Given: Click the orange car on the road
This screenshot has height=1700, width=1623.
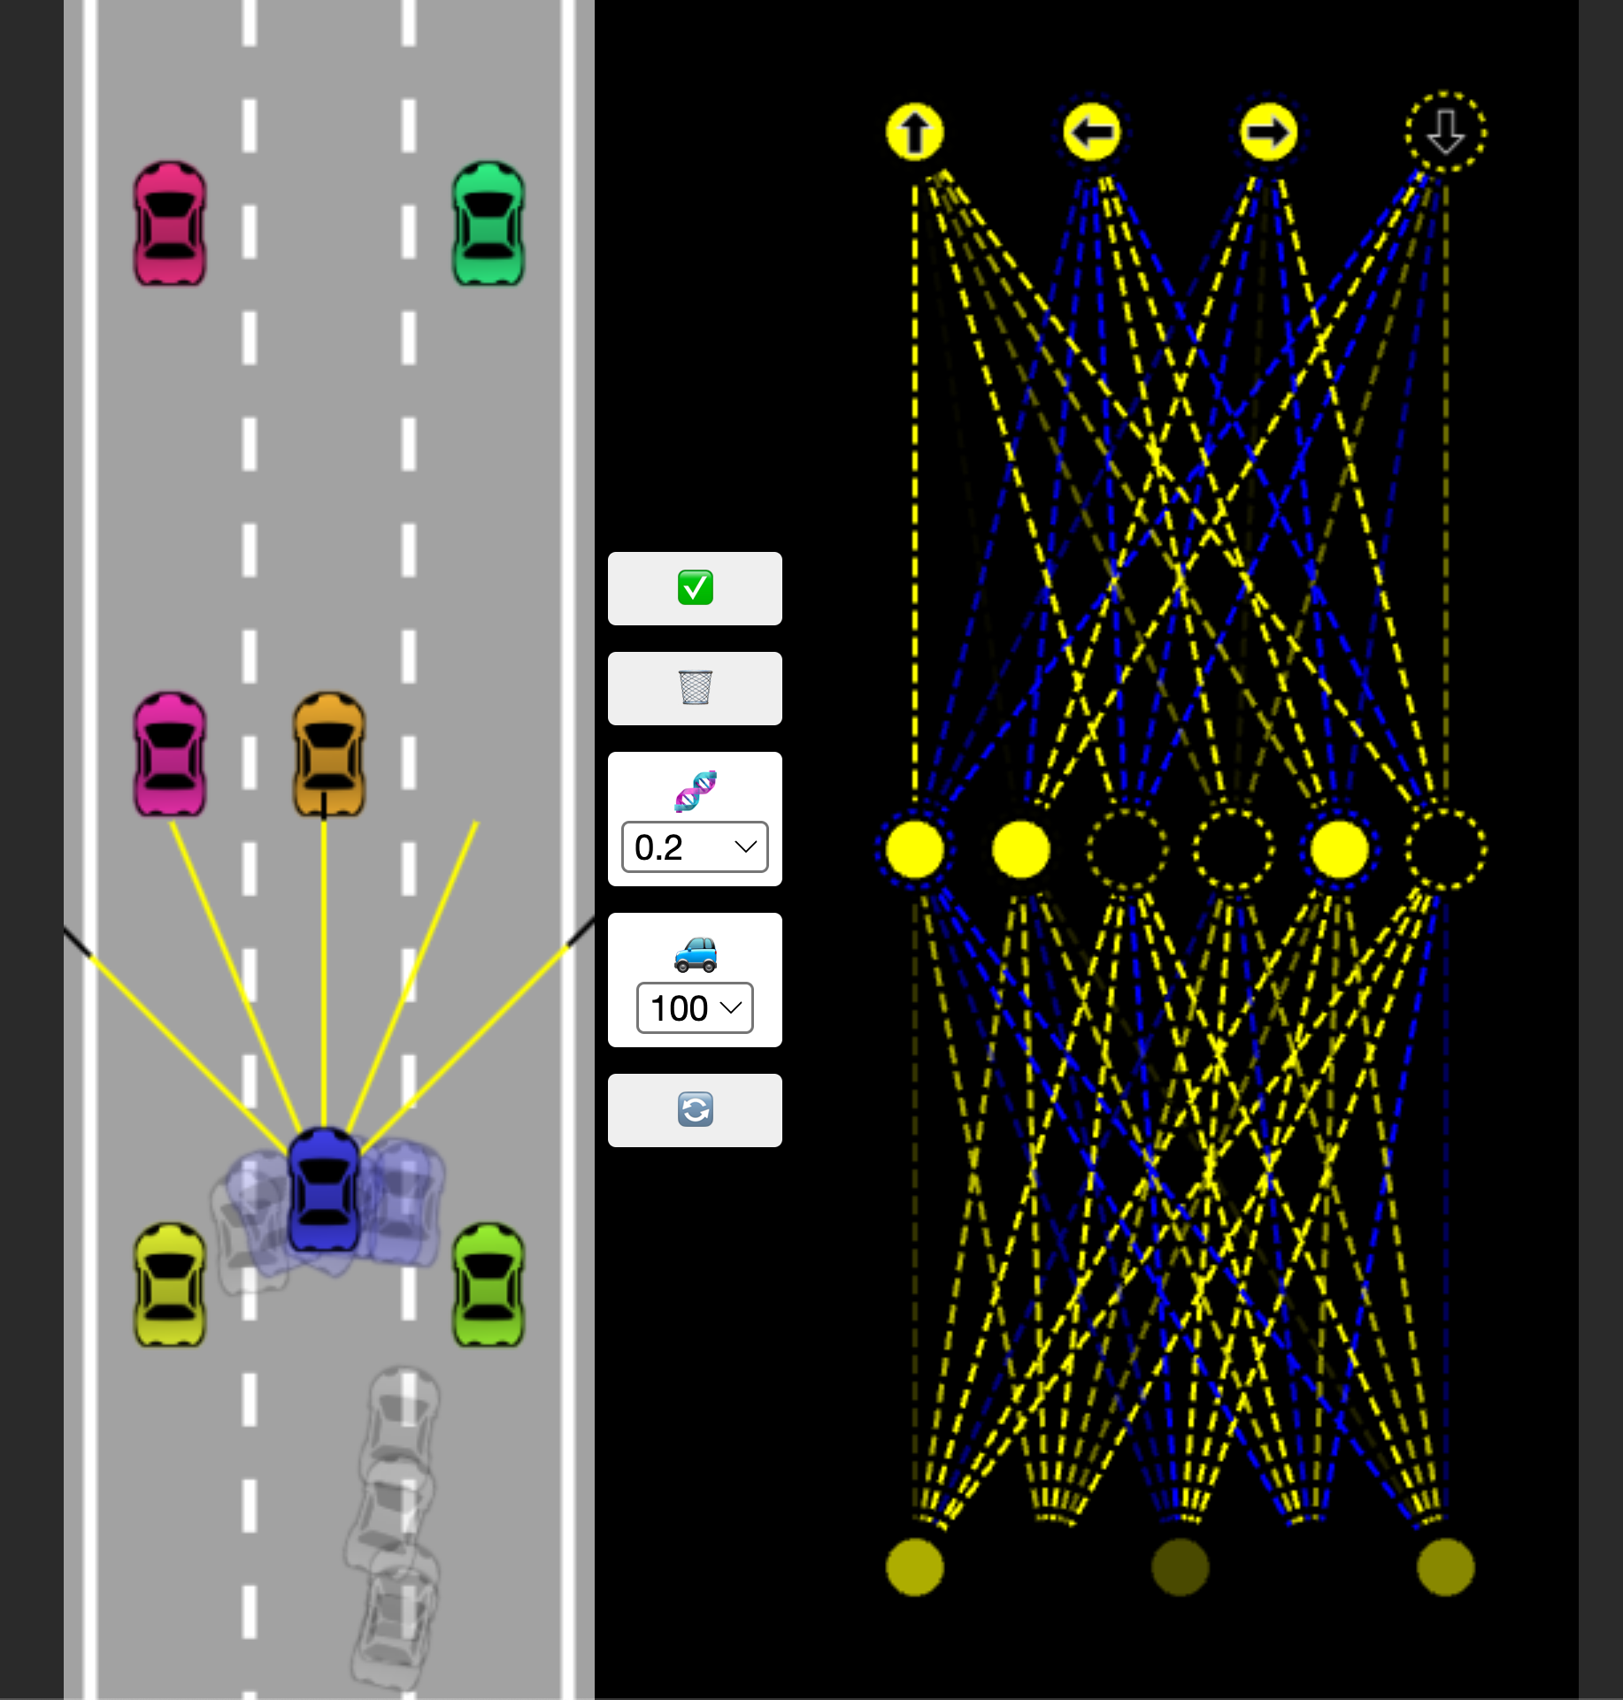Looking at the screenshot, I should [x=328, y=754].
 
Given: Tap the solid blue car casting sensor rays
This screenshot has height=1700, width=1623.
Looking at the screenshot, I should [x=324, y=1189].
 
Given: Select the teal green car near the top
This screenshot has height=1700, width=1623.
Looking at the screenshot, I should [x=488, y=223].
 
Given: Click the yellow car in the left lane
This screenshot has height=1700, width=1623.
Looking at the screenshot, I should [x=169, y=1284].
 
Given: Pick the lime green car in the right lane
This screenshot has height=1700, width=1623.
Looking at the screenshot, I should [x=488, y=1284].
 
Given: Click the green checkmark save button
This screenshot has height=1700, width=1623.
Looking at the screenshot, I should [x=695, y=588].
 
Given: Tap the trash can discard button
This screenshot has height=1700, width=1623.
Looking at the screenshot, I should [x=695, y=688].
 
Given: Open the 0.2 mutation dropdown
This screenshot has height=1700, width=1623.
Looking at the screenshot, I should [x=695, y=847].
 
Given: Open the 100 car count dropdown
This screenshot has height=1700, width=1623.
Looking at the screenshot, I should [x=695, y=1007].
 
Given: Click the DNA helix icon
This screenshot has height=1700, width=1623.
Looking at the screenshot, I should [x=696, y=791].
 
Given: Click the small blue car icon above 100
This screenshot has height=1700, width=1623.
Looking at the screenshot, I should [x=696, y=953].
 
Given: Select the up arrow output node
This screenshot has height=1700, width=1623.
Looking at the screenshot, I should [x=915, y=133].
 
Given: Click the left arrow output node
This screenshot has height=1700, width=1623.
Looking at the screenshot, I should [x=1092, y=133].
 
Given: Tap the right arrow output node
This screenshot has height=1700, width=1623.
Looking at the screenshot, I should [x=1269, y=133].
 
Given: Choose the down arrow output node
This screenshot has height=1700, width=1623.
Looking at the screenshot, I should [x=1446, y=133].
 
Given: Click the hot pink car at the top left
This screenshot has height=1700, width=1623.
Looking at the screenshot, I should [x=169, y=223].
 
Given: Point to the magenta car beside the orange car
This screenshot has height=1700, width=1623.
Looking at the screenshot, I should [x=169, y=754].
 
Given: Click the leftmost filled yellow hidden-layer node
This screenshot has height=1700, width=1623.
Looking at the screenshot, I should [x=915, y=849].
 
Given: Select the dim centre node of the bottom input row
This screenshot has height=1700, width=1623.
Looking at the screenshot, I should [x=1181, y=1567].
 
